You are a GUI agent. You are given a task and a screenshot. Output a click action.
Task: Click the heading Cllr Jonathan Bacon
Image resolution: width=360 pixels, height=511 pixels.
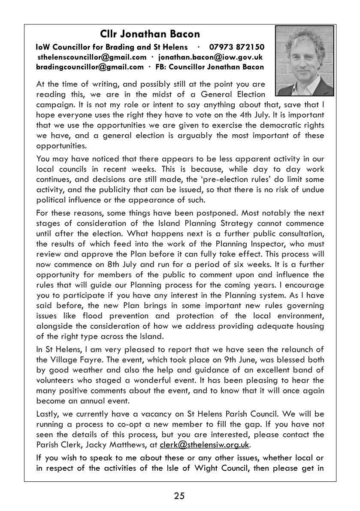[150, 34]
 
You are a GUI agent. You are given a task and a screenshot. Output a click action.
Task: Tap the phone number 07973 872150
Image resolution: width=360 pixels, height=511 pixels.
[236, 47]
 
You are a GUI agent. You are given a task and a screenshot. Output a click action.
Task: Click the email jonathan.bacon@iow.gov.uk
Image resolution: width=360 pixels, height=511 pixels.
[210, 57]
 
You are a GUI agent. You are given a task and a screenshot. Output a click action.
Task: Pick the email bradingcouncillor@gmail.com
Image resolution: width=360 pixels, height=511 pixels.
[90, 67]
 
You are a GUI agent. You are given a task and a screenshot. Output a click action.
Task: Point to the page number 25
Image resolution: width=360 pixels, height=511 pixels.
[179, 496]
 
